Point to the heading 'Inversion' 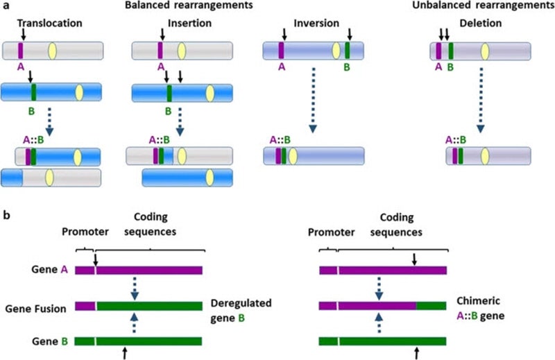click(x=306, y=23)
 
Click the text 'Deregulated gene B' click(x=240, y=309)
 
